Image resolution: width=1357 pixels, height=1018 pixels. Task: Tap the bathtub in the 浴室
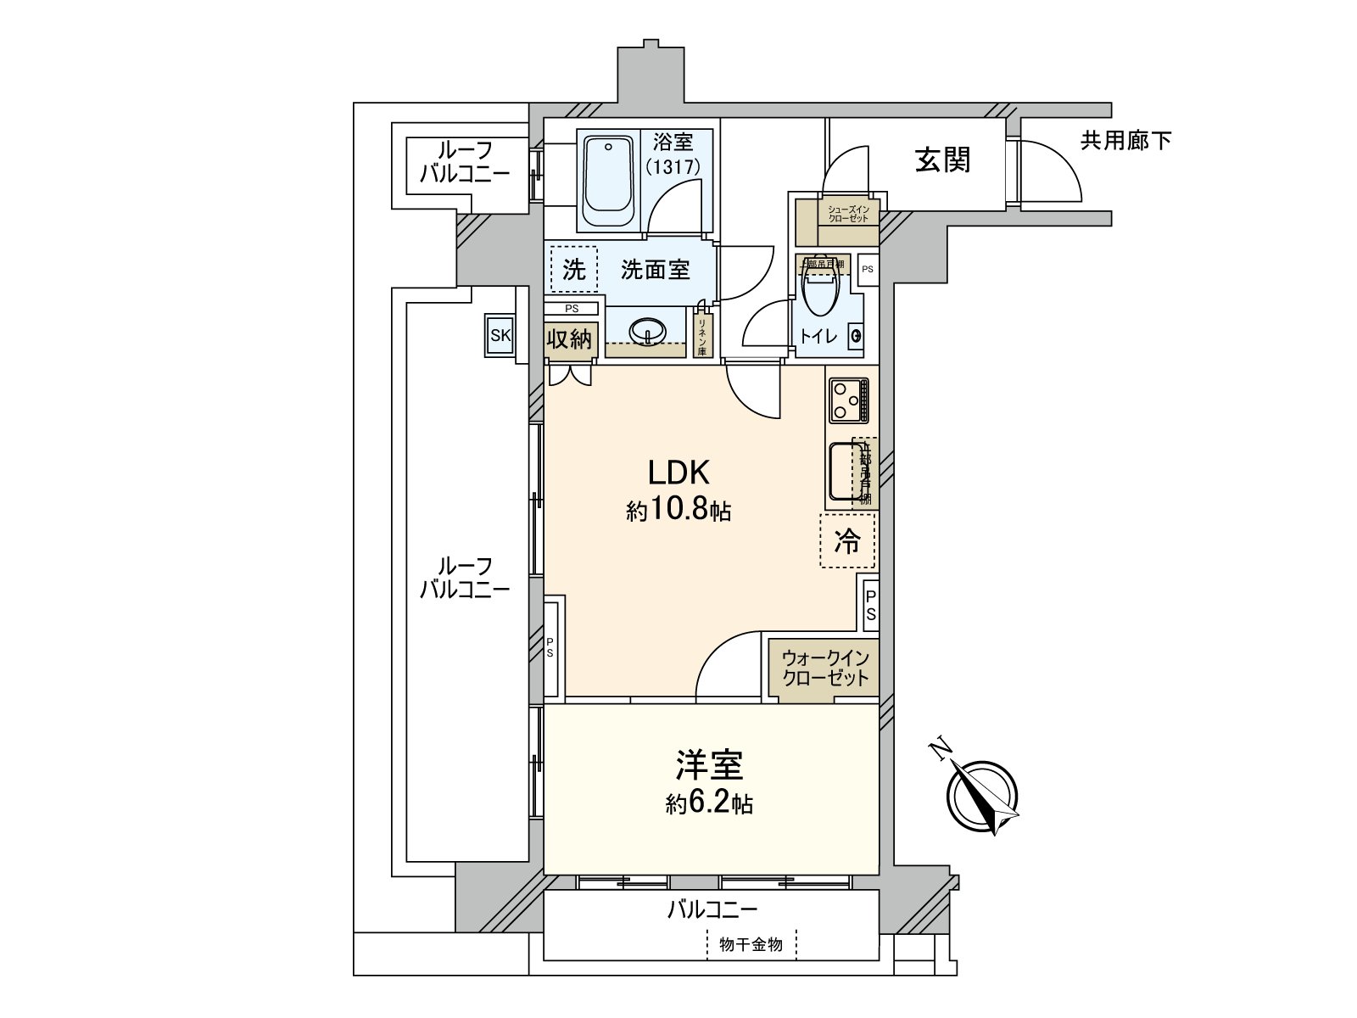(x=607, y=179)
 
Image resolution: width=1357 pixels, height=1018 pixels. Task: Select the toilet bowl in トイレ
(x=819, y=288)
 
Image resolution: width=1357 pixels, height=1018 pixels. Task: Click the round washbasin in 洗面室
(x=650, y=332)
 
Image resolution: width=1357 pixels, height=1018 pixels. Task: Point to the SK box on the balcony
(x=500, y=335)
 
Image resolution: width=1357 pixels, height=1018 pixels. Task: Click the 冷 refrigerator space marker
(x=847, y=540)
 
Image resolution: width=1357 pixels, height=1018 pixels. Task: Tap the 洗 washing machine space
(x=574, y=270)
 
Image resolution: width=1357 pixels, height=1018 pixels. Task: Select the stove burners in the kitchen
(x=849, y=400)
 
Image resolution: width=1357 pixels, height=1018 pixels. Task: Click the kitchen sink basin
(x=845, y=472)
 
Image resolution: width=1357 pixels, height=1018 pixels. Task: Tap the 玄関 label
(x=942, y=159)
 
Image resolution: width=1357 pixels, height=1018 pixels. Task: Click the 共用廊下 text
(x=1125, y=140)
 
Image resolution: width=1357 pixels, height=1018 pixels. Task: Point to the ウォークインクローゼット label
(x=825, y=668)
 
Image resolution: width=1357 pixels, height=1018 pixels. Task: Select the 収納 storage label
(x=568, y=339)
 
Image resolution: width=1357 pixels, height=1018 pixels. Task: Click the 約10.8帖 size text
(x=678, y=511)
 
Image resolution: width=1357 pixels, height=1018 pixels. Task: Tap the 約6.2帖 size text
(x=709, y=803)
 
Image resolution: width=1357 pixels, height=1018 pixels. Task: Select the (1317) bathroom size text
(x=673, y=167)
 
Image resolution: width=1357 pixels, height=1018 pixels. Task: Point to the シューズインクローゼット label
(x=849, y=213)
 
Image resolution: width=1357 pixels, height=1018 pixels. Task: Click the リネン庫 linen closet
(x=702, y=334)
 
